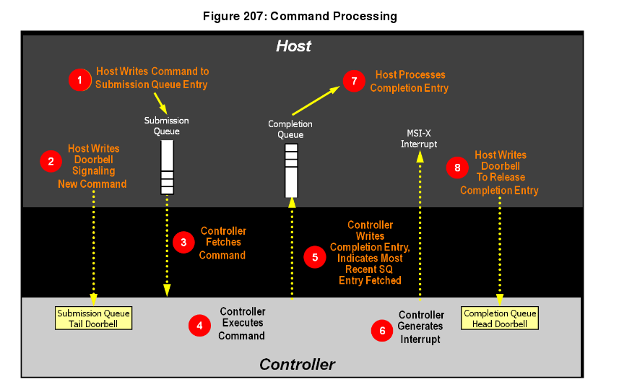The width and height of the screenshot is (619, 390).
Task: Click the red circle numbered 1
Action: point(79,80)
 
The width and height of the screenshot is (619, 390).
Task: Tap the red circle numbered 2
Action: point(51,162)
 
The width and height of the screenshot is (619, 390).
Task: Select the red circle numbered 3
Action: point(183,242)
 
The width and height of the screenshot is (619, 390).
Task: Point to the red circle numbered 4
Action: point(200,326)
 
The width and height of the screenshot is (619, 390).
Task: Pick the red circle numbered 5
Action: point(315,257)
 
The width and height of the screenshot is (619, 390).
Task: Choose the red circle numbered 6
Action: point(382,331)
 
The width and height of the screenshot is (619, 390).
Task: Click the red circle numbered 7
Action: point(354,81)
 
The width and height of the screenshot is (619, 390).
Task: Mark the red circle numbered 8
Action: point(457,168)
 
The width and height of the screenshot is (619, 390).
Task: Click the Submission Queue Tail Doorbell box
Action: point(94,318)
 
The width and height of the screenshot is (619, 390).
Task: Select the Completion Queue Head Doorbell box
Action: point(500,318)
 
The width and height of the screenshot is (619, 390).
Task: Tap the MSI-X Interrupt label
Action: point(419,139)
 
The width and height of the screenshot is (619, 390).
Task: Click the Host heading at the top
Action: point(294,46)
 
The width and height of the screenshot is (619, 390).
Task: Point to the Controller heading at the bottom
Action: point(298,364)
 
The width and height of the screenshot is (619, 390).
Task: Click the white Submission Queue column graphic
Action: point(167,168)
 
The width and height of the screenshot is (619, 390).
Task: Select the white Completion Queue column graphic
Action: point(291,170)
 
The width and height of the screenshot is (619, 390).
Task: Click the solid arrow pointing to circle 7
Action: point(316,100)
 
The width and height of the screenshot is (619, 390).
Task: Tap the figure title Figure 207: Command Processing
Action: point(300,16)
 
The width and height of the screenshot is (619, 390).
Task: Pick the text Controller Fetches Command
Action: point(222,243)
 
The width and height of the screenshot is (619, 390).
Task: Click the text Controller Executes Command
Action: point(241,324)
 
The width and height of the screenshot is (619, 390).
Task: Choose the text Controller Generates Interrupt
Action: point(421,327)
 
